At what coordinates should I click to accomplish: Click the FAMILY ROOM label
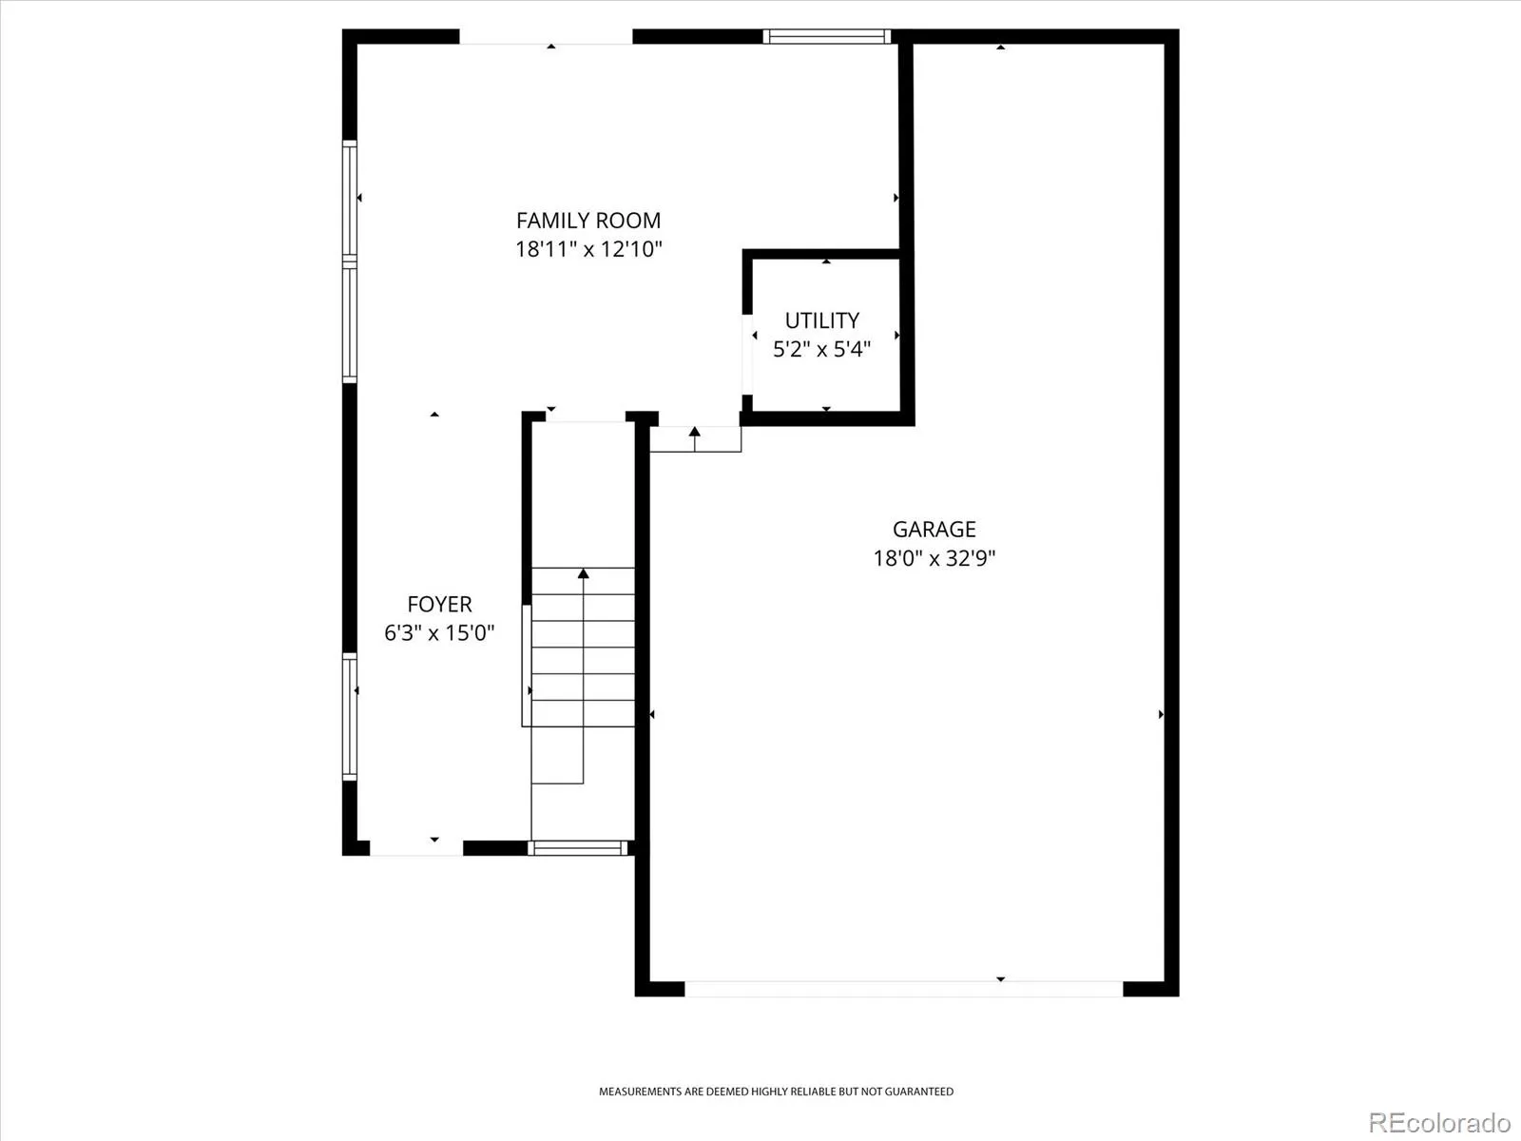coord(588,221)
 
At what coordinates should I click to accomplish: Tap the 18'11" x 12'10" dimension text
coord(588,249)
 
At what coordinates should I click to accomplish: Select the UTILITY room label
coord(822,320)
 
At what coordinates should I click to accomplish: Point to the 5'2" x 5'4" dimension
coord(822,348)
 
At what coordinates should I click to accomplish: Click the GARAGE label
coord(934,530)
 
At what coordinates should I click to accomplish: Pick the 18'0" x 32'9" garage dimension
coord(934,558)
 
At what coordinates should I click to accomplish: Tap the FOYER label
coord(439,604)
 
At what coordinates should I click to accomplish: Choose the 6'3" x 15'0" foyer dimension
coord(439,632)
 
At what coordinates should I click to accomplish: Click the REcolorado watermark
coord(1440,1122)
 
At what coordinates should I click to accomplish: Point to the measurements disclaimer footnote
coord(776,1092)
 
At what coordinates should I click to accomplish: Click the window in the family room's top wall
coord(827,36)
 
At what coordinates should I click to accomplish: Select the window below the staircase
coord(578,848)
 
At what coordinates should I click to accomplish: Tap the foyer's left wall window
coord(350,716)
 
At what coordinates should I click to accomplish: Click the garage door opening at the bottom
coord(904,989)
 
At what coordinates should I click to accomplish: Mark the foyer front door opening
coord(415,849)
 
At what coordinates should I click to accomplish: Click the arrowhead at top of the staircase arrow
coord(584,573)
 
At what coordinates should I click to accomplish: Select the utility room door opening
coord(747,355)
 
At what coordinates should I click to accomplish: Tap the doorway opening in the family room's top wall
coord(546,37)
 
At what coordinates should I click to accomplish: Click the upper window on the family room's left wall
coord(350,201)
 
